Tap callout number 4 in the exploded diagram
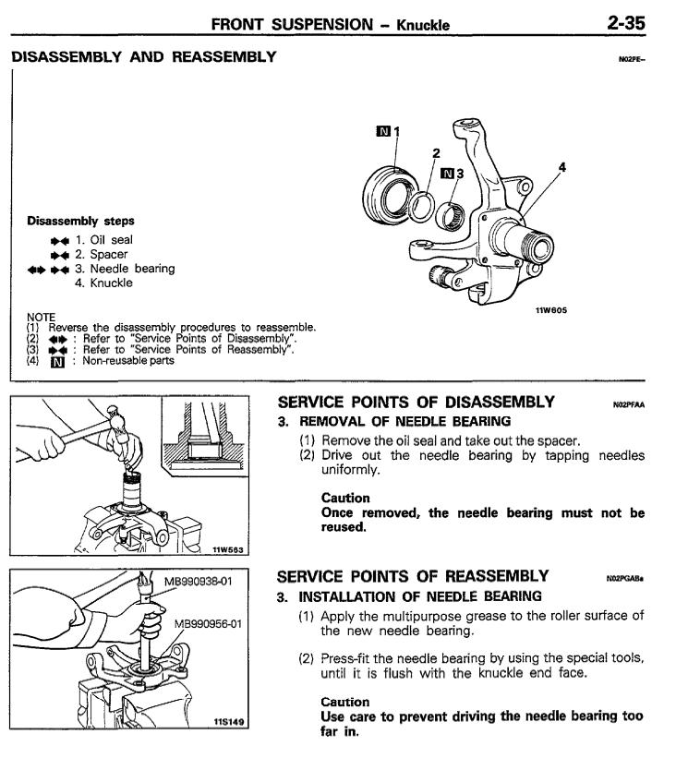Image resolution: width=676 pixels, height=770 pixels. (562, 167)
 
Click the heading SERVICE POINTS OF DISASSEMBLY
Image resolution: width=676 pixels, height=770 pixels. (416, 403)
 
